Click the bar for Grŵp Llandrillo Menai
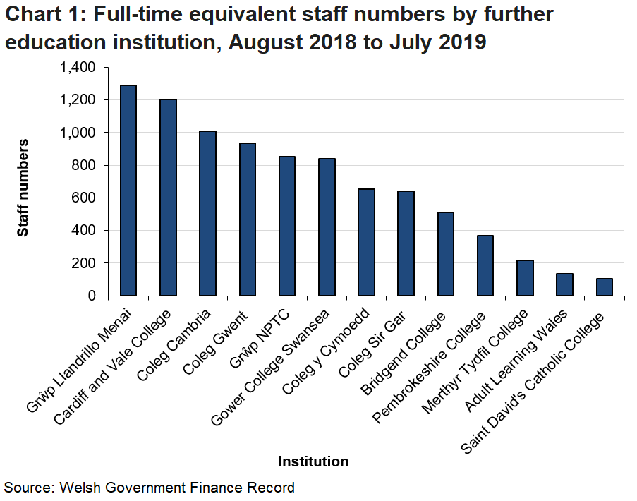pos(128,191)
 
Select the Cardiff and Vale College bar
pos(168,198)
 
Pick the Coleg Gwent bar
pos(247,219)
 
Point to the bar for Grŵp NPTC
pos(286,226)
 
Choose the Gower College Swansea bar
pos(326,227)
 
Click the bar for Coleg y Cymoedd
pos(366,242)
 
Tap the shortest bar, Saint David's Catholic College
pos(604,287)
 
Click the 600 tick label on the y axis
pos(83,198)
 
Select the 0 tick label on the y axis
pos(92,296)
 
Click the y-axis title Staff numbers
pos(23,187)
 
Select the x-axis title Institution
pos(313,462)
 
